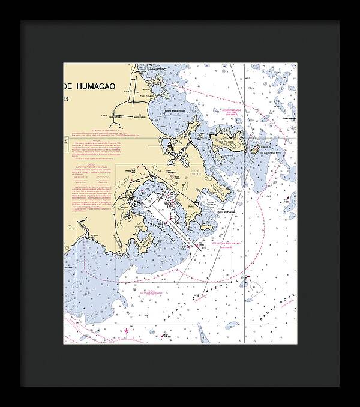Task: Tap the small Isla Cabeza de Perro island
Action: (254, 148)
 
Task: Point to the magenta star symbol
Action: (127, 330)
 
